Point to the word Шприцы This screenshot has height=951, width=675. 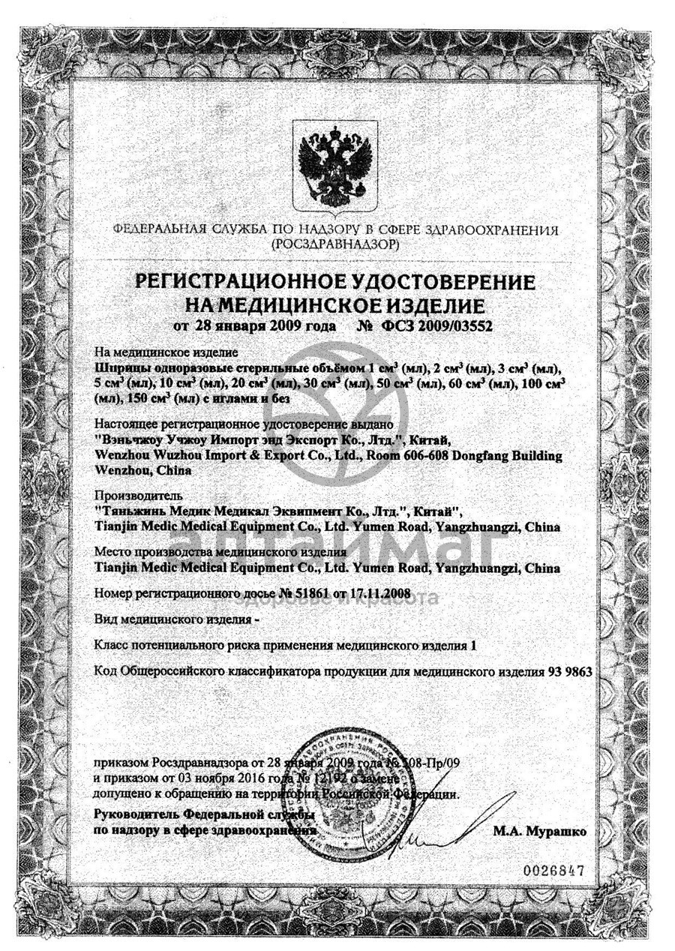(118, 369)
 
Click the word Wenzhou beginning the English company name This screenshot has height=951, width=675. (121, 455)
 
